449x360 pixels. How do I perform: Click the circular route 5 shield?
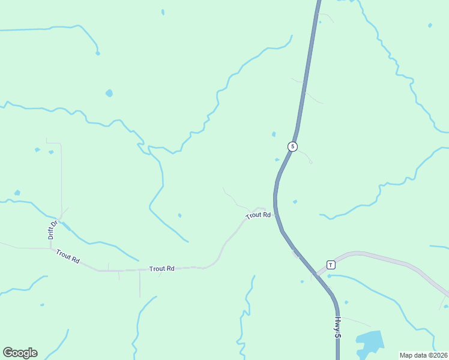(292, 146)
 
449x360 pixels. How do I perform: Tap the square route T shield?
(330, 265)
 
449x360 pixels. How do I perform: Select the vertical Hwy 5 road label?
(337, 327)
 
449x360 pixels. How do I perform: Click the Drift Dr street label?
(53, 230)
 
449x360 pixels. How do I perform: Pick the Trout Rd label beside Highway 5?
(259, 215)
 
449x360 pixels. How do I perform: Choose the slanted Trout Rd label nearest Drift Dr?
(68, 257)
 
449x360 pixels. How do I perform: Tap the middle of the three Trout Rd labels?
(161, 269)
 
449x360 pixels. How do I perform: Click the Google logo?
(20, 353)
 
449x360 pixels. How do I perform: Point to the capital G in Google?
(8, 353)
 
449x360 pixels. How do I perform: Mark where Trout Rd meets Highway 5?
(275, 213)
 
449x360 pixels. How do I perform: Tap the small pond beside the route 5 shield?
(277, 160)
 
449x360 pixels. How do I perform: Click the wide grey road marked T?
(384, 259)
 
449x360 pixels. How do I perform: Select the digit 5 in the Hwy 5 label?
(337, 335)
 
